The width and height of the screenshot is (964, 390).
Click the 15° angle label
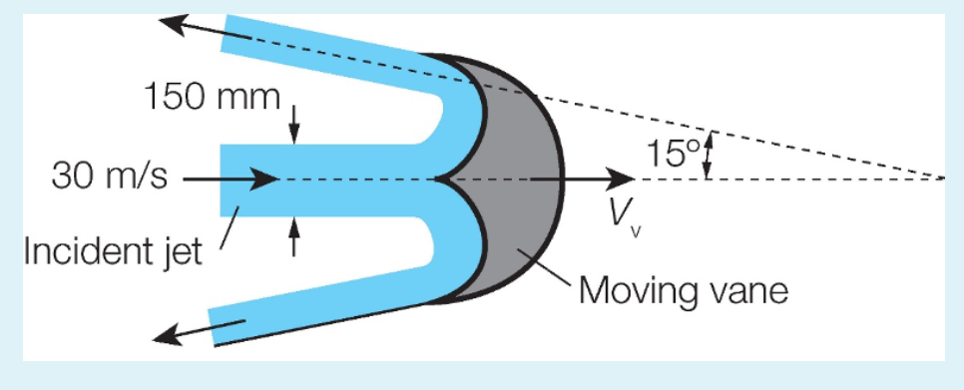pyautogui.click(x=672, y=153)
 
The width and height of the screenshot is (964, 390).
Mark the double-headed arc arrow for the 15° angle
pyautogui.click(x=708, y=158)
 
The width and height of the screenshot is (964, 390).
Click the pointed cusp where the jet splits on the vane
pyautogui.click(x=438, y=180)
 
